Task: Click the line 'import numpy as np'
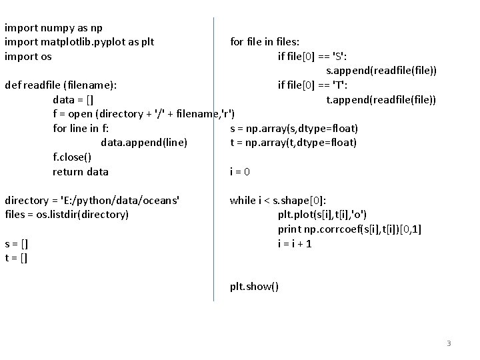pyautogui.click(x=53, y=28)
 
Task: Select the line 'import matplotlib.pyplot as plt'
pyautogui.click(x=79, y=42)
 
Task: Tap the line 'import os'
pyautogui.click(x=28, y=57)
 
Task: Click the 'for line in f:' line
pyautogui.click(x=81, y=129)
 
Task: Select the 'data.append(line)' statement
pyautogui.click(x=144, y=143)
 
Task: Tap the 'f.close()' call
pyautogui.click(x=72, y=157)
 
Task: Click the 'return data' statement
pyautogui.click(x=80, y=172)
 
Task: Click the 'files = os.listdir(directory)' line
pyautogui.click(x=66, y=215)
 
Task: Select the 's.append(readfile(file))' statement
pyautogui.click(x=381, y=71)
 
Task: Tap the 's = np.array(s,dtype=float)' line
pyautogui.click(x=294, y=129)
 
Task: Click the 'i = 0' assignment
pyautogui.click(x=240, y=172)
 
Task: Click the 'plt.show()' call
pyautogui.click(x=255, y=287)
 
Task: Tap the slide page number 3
pyautogui.click(x=449, y=343)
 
